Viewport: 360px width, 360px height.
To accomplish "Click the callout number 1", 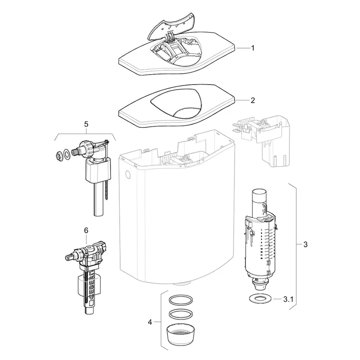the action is point(253,48).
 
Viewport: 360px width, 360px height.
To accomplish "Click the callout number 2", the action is point(253,100).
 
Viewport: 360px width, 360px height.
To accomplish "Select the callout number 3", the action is point(306,244).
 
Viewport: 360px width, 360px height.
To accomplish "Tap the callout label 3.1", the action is point(288,299).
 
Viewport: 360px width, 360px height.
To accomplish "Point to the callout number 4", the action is point(150,322).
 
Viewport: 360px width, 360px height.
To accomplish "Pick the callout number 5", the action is point(86,124).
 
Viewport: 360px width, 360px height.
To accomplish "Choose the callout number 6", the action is point(86,230).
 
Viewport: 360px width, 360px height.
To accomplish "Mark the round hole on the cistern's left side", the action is point(128,175).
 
